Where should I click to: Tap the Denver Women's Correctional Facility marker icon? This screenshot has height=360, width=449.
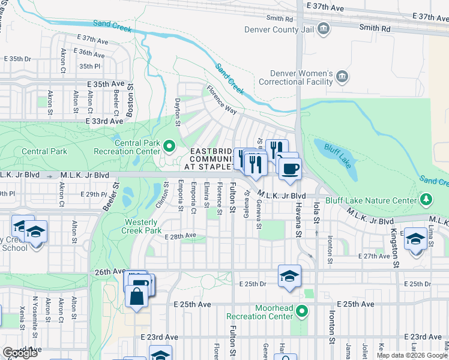(342, 76)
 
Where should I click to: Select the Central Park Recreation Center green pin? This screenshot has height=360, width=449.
(169, 145)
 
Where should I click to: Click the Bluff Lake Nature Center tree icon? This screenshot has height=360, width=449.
(426, 199)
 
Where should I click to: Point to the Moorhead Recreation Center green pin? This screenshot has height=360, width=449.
(303, 311)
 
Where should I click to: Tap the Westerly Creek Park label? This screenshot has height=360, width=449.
(142, 226)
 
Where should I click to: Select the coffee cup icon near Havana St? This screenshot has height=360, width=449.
(290, 169)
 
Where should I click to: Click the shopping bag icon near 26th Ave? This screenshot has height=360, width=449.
(137, 296)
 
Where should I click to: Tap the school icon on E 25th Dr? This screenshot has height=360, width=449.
(289, 276)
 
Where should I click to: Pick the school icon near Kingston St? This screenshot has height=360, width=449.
(415, 238)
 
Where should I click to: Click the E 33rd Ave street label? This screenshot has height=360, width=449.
(104, 121)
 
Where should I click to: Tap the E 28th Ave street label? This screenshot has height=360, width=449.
(181, 236)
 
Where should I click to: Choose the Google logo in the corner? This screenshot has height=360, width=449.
(20, 353)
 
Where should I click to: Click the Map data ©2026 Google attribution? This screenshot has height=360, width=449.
(412, 355)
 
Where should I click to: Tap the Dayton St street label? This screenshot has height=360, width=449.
(177, 113)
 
